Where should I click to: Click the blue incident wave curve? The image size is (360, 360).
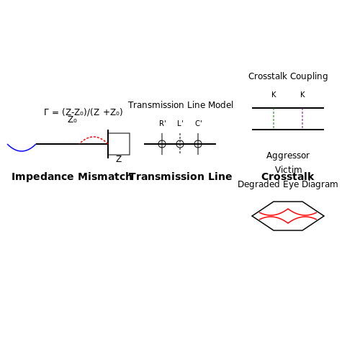[22, 151]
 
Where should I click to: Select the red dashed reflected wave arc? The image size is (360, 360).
[94, 137]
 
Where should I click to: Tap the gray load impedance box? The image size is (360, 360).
[130, 144]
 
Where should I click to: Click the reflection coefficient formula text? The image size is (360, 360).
[84, 112]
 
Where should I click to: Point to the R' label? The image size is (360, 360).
[163, 123]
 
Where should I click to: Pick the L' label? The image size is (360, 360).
[180, 123]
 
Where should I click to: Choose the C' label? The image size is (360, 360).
[198, 123]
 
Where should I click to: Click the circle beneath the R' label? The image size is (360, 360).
[162, 140]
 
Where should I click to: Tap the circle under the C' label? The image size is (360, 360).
[198, 140]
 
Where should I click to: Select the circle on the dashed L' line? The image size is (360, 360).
[180, 140]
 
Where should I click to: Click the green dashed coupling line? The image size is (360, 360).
[274, 119]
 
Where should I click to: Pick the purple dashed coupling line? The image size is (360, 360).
[302, 119]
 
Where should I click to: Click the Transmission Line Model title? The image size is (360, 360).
[181, 105]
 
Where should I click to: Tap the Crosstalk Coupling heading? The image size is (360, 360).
[288, 76]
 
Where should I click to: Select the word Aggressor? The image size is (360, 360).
[288, 156]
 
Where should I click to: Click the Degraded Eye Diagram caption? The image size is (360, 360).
[288, 184]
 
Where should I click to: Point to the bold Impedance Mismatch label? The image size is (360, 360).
[72, 176]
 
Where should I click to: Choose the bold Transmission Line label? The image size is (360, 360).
[181, 176]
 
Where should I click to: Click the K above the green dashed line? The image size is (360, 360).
[274, 94]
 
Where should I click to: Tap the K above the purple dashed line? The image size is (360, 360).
[302, 94]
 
